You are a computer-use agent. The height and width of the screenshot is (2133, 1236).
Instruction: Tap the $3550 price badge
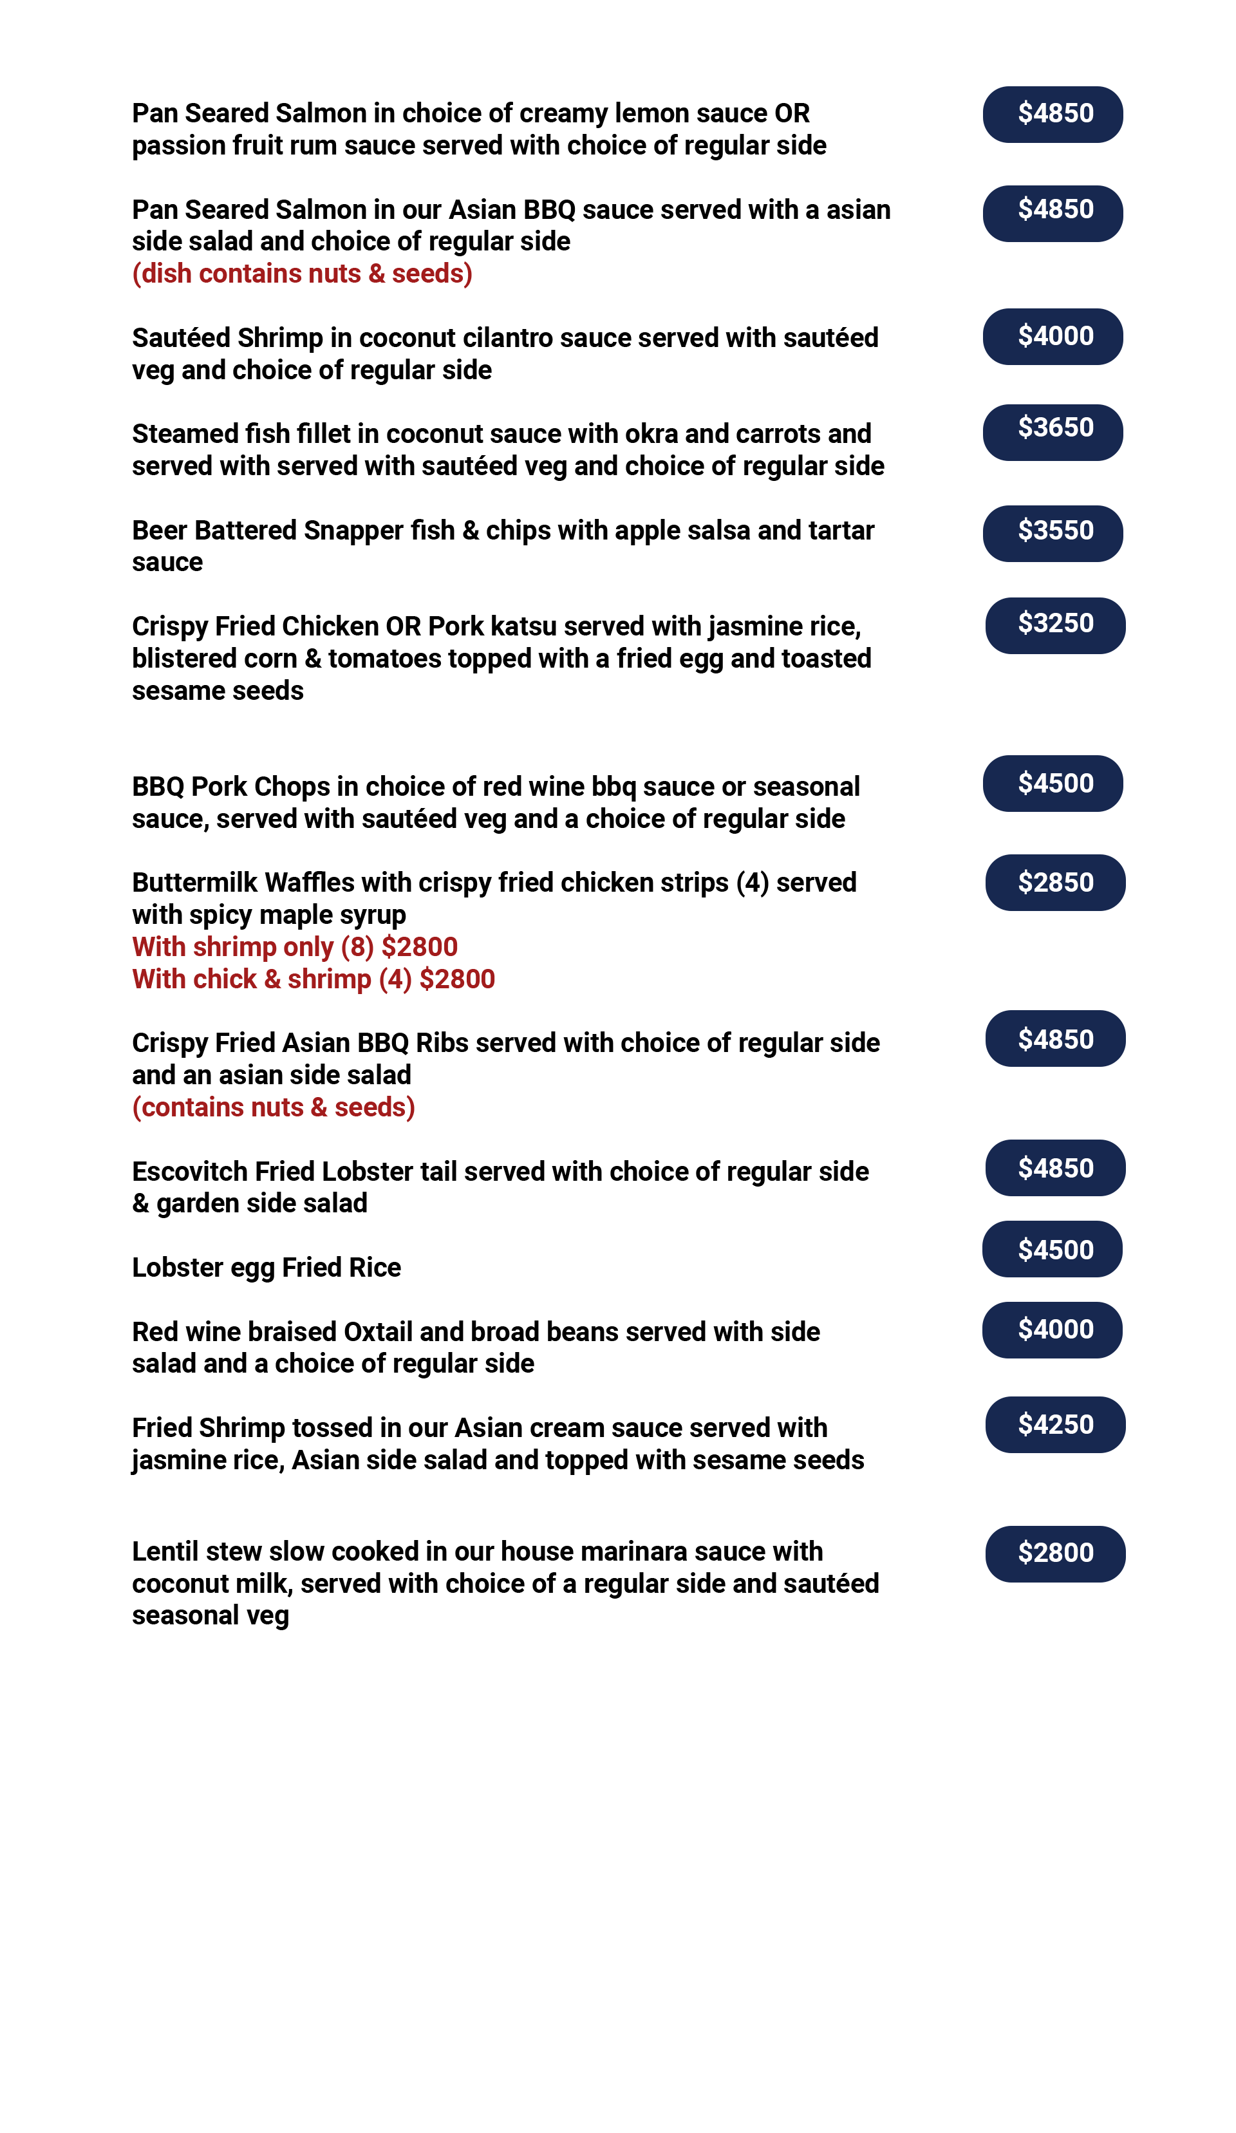tap(1053, 533)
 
